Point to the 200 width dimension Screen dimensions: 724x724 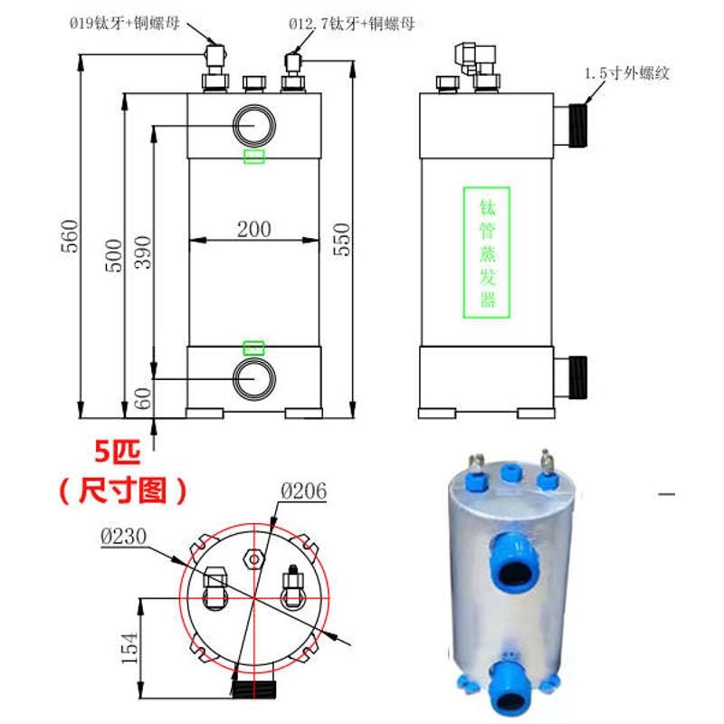coord(253,229)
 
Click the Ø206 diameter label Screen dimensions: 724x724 coord(303,491)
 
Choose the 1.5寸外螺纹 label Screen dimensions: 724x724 coord(626,73)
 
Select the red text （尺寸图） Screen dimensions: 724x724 coord(124,491)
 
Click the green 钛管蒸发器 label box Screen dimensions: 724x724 coord(487,252)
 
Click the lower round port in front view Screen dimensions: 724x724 coord(252,378)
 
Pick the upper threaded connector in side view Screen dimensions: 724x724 coord(574,125)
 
